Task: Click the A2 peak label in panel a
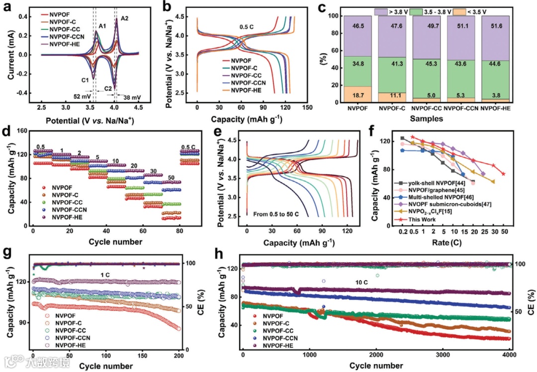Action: tap(124, 18)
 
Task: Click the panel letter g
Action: tap(6, 251)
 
